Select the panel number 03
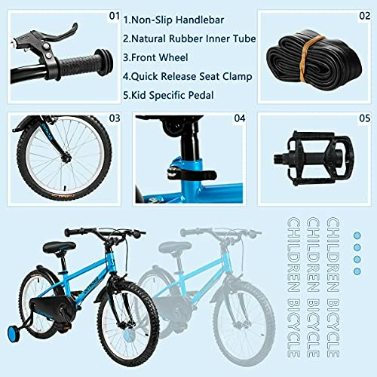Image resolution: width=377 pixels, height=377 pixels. coord(115,118)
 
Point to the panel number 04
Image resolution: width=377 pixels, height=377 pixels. coord(240,118)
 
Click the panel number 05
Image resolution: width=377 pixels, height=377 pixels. coord(363,118)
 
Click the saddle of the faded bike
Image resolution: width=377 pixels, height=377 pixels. coord(175,247)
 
